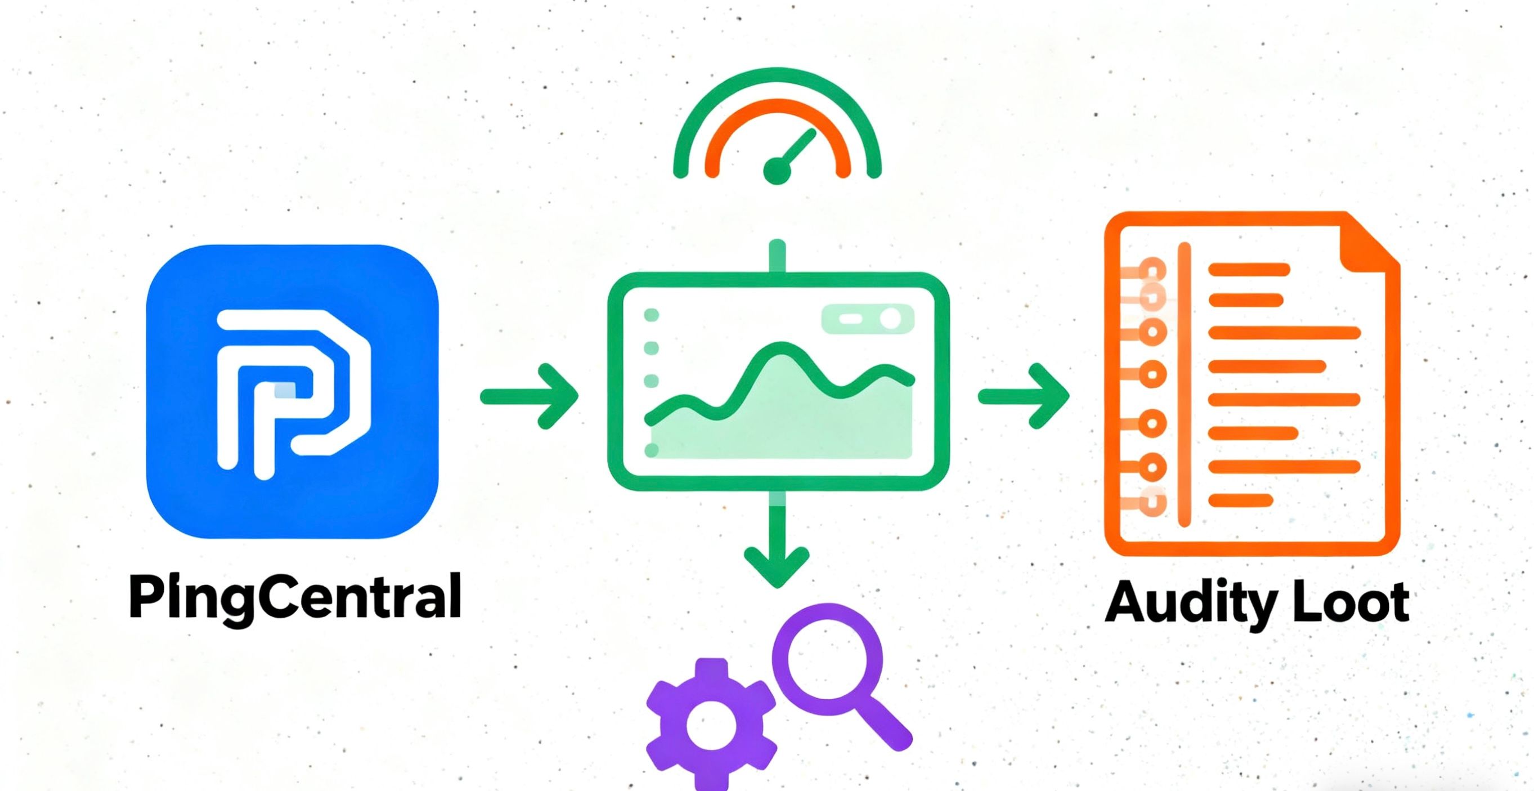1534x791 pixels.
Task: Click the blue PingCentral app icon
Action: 292,391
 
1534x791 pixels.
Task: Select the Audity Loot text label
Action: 1257,603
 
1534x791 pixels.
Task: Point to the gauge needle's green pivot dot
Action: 777,171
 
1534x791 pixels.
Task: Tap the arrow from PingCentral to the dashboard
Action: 530,396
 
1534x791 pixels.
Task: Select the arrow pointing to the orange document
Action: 1024,396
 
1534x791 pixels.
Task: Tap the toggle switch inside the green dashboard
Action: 867,319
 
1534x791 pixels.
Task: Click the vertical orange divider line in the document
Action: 1185,384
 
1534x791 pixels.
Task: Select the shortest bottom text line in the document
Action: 1240,500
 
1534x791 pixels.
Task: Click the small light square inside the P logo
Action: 284,390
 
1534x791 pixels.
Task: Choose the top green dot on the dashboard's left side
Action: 652,315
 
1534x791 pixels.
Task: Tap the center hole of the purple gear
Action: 711,726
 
